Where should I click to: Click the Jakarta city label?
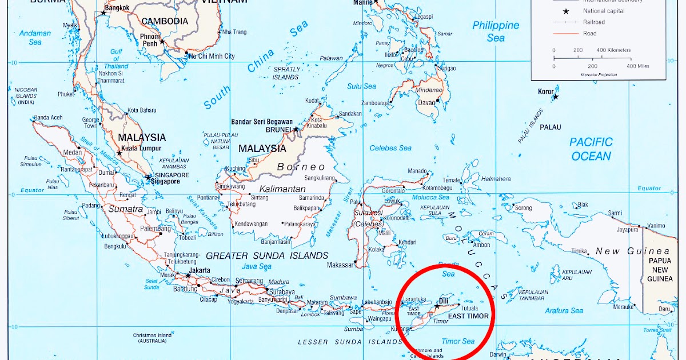(x=200, y=270)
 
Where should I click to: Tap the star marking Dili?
(x=437, y=306)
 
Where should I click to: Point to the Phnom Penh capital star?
(x=162, y=42)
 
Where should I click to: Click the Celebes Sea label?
(x=390, y=148)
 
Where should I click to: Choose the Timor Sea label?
(x=458, y=341)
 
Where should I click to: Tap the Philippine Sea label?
(x=496, y=31)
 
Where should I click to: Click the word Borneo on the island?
(x=301, y=167)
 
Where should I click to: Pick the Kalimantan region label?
(x=282, y=189)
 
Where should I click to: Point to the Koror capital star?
(x=555, y=97)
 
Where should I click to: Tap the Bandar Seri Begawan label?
(x=262, y=122)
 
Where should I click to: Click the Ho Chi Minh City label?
(x=212, y=56)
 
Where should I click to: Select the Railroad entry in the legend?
(x=594, y=22)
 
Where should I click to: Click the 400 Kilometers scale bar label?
(x=614, y=50)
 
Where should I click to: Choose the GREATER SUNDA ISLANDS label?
(x=267, y=255)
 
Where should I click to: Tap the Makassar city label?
(x=340, y=265)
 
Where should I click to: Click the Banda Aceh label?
(x=47, y=118)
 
